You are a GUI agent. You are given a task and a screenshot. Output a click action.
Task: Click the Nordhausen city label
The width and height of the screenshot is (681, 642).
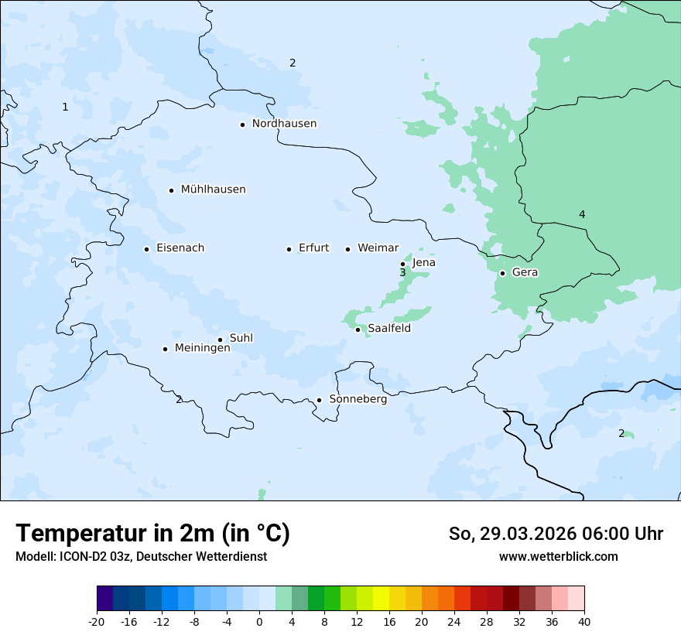[284, 124]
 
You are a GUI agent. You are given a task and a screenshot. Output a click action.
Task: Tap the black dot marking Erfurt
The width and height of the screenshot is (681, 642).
[289, 249]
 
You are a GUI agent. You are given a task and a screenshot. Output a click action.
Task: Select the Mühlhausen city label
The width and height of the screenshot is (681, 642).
[213, 190]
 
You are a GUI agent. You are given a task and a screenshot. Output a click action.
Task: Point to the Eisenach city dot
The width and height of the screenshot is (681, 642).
[146, 249]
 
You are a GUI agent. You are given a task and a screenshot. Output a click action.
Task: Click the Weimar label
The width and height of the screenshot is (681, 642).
[378, 248]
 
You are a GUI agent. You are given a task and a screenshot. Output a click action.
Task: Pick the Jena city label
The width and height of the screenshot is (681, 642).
[423, 263]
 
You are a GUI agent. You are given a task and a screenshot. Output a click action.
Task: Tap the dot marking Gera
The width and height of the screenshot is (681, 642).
[502, 273]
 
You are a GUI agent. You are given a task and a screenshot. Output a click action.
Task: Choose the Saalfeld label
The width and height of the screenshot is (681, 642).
[388, 329]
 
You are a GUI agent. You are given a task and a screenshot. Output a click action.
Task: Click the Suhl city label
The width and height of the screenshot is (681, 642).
[241, 338]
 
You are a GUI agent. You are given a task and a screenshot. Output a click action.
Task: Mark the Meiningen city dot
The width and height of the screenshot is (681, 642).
[165, 349]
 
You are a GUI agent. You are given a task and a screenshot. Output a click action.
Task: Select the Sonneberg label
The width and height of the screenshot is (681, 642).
[358, 399]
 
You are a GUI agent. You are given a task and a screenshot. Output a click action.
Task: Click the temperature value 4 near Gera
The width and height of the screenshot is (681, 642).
[582, 214]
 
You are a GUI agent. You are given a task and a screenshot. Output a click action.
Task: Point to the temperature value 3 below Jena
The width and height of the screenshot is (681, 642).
[402, 273]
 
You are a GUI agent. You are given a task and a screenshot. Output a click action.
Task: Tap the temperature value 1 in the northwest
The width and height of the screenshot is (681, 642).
[65, 107]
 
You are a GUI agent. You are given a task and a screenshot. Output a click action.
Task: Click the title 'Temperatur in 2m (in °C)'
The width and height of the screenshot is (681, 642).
[152, 534]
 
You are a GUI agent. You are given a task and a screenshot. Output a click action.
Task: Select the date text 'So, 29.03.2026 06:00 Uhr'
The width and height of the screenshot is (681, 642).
[556, 534]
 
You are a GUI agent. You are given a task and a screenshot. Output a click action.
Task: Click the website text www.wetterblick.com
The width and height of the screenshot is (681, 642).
[558, 556]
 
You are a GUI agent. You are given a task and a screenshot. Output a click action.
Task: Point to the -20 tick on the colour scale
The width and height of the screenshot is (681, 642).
[97, 621]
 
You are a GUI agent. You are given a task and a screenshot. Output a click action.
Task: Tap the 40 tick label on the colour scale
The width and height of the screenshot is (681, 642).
[583, 621]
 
